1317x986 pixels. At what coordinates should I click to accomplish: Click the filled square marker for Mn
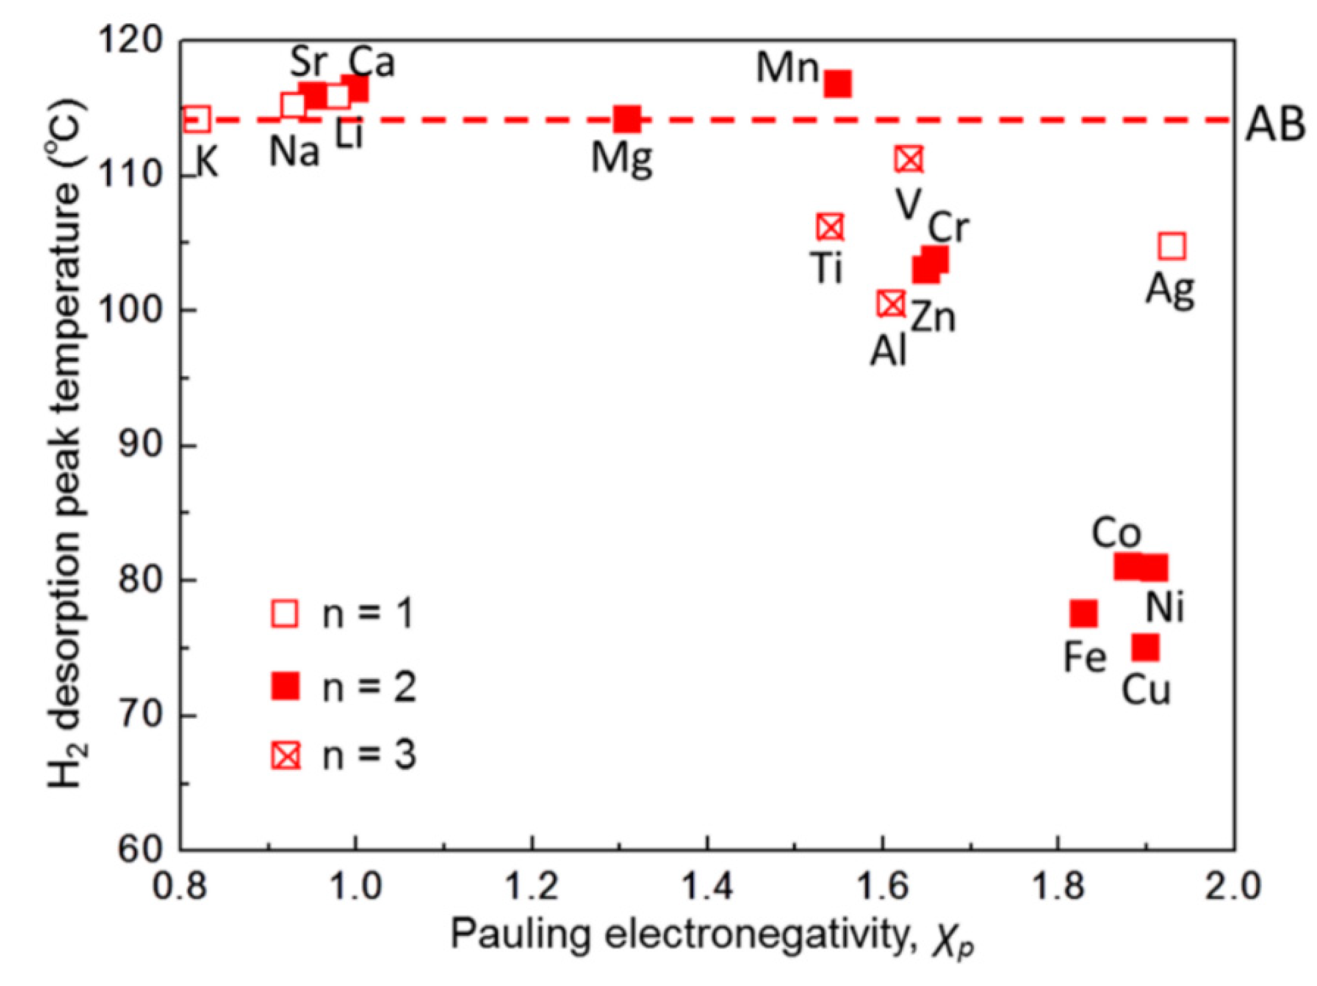[x=837, y=83]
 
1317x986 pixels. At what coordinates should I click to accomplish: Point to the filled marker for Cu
[x=1145, y=648]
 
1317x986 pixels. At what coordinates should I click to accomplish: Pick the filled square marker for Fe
[x=1084, y=613]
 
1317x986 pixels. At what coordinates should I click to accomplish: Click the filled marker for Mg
[x=627, y=119]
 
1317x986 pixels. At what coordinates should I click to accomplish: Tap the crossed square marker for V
[x=909, y=159]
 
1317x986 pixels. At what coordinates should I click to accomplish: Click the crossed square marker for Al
[x=891, y=304]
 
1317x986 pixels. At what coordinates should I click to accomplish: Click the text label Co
[x=1116, y=534]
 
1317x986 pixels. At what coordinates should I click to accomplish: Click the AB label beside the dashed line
[x=1275, y=125]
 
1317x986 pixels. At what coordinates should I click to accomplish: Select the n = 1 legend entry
[x=342, y=613]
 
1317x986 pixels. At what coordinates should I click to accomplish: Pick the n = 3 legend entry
[x=342, y=756]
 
